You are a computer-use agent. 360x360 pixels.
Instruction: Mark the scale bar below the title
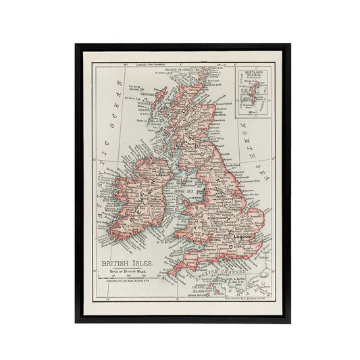[x=128, y=278]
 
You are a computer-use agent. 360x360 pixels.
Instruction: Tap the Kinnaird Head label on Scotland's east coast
[x=224, y=107]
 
